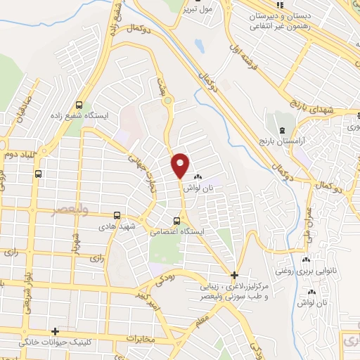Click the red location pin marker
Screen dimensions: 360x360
click(x=181, y=165)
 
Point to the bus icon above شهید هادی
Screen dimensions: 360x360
click(x=117, y=216)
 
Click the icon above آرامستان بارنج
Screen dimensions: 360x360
click(x=282, y=131)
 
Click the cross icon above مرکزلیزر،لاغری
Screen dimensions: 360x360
click(x=234, y=274)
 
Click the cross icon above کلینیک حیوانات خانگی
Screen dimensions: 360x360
click(x=55, y=331)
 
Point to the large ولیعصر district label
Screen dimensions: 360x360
click(x=62, y=211)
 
